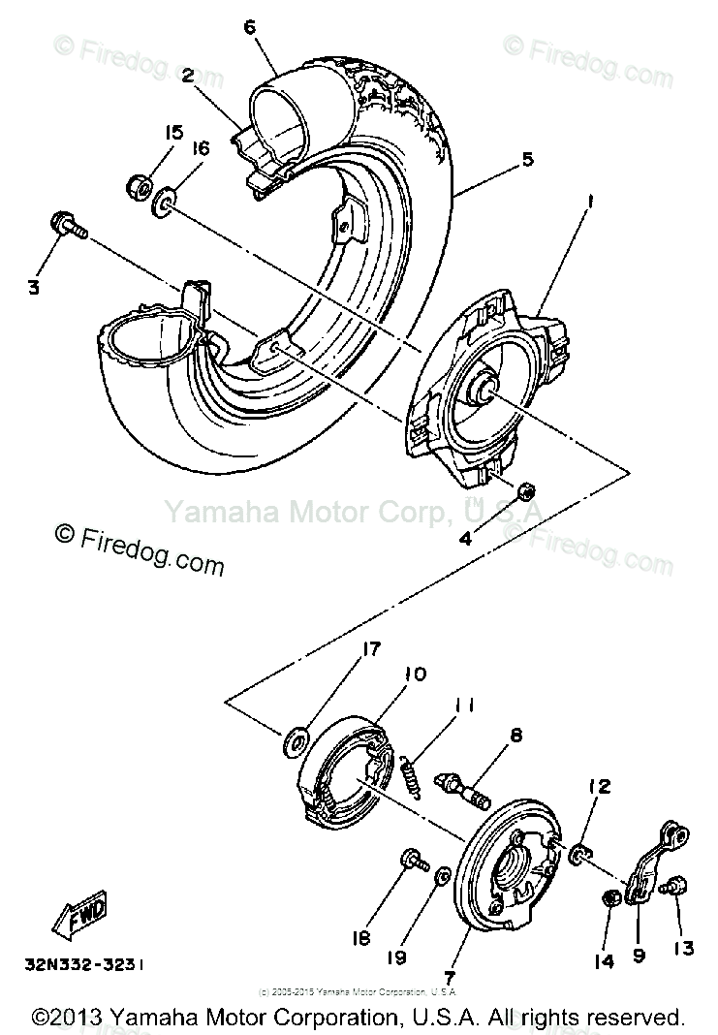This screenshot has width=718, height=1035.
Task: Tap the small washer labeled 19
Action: (441, 876)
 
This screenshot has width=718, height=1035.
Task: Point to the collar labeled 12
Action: (581, 853)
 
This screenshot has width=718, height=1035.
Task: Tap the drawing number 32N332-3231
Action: (86, 965)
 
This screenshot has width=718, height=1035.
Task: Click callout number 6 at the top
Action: (250, 27)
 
